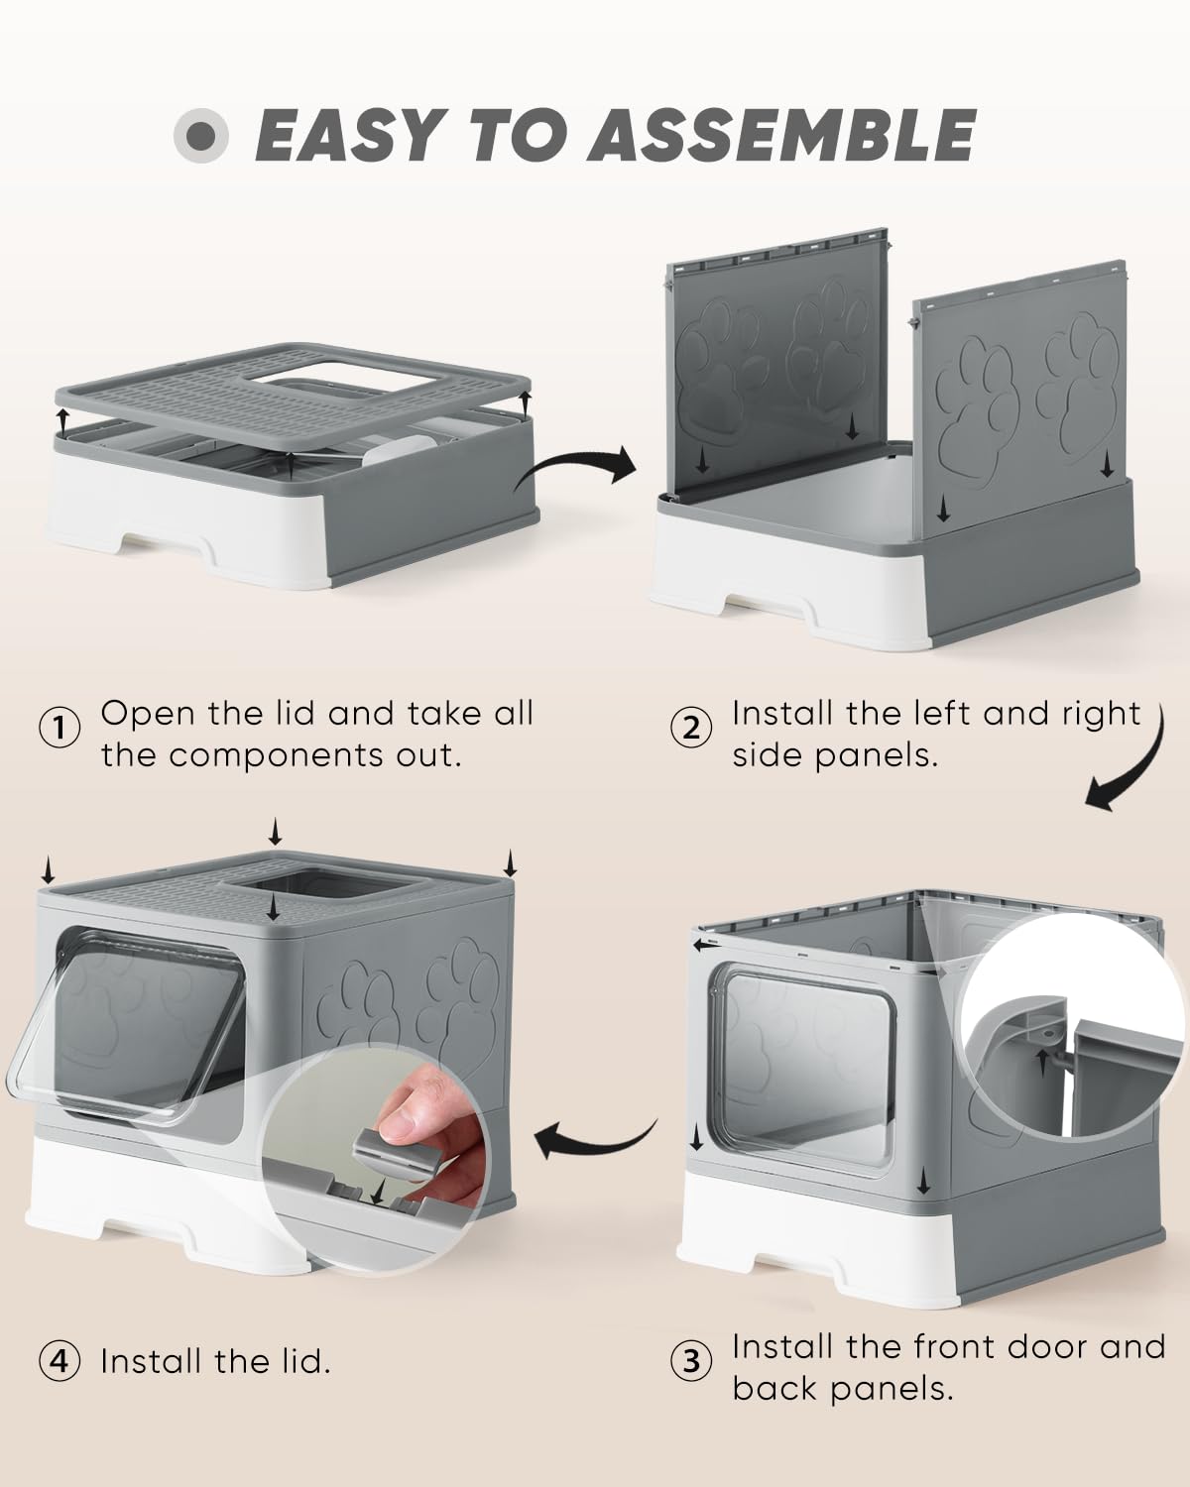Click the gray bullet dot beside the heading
[201, 136]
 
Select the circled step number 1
[59, 729]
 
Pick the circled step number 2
[691, 729]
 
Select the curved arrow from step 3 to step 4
[595, 1146]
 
